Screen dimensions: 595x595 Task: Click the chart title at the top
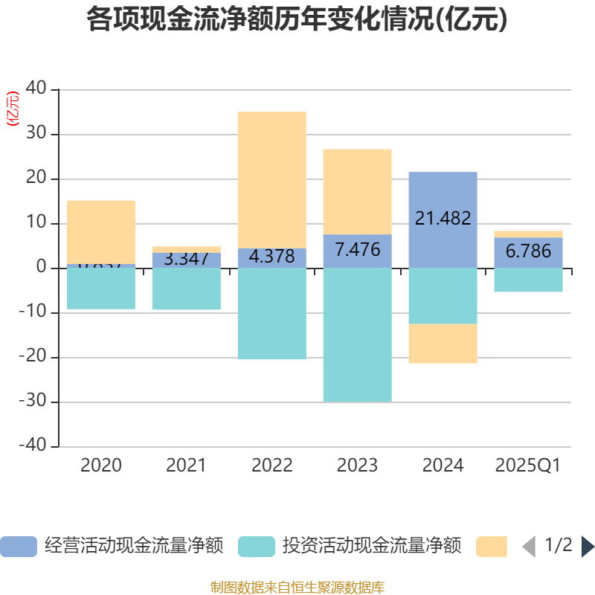coord(297,20)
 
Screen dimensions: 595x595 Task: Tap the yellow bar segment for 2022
coord(271,178)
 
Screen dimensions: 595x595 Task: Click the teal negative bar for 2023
coord(357,335)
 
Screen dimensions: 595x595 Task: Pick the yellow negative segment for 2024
coord(443,344)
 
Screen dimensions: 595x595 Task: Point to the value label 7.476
coord(357,250)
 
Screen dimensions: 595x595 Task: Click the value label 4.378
coord(271,257)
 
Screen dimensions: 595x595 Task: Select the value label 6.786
coord(528,251)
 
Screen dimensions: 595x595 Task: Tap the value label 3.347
coord(186,260)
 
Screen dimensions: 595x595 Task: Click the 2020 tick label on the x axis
coord(101,466)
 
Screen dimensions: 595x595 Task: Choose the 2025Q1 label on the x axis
coord(528,466)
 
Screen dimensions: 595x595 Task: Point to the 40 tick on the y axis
coord(36,89)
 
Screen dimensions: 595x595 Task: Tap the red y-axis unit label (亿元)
coord(13,109)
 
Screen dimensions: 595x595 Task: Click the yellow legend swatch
coord(491,547)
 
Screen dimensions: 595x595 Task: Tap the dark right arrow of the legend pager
coord(588,547)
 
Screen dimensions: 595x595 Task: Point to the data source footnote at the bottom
coord(297,588)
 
